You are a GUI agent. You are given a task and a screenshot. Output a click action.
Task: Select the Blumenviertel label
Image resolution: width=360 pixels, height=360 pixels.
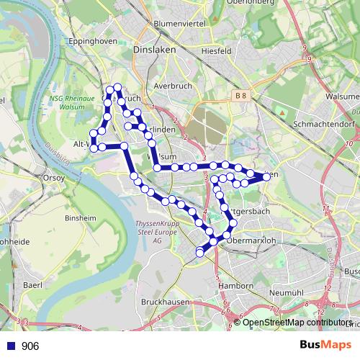tap(179, 24)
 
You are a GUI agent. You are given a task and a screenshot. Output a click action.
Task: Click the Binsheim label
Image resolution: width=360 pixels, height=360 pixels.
tap(81, 217)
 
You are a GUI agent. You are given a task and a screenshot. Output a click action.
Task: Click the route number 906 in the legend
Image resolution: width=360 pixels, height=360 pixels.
tap(30, 346)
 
